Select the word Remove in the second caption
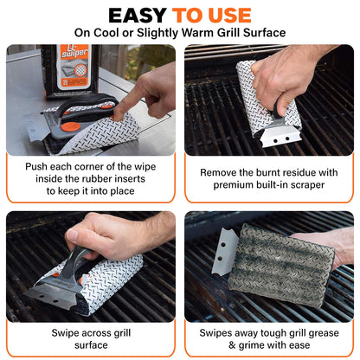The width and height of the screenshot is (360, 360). (x=222, y=172)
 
